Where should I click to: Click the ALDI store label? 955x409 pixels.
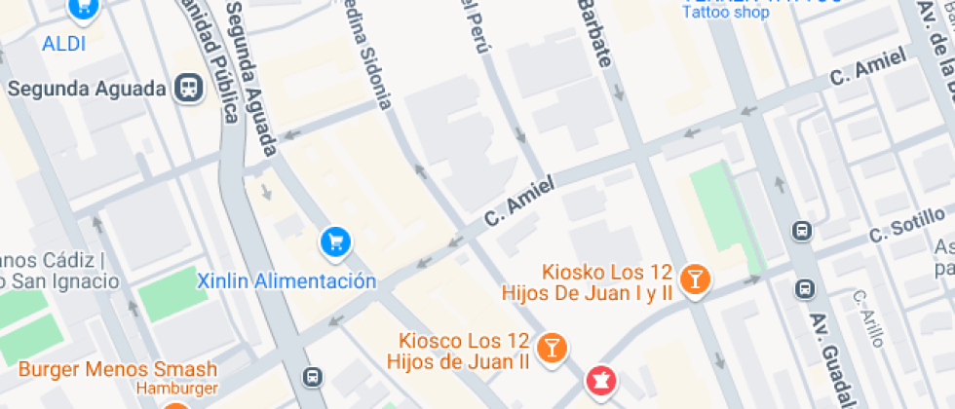pyautogui.click(x=64, y=44)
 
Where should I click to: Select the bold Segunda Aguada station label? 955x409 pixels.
pyautogui.click(x=87, y=89)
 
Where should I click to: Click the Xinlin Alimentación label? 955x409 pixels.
pyautogui.click(x=286, y=281)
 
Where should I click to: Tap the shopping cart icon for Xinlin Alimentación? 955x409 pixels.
pyautogui.click(x=335, y=241)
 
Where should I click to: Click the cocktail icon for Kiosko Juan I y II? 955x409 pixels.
pyautogui.click(x=695, y=279)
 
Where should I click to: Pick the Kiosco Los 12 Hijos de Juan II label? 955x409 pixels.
pyautogui.click(x=458, y=352)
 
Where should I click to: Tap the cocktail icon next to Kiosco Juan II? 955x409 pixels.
pyautogui.click(x=552, y=348)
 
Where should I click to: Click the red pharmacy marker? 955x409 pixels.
pyautogui.click(x=600, y=382)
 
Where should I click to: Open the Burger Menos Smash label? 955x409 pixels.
pyautogui.click(x=118, y=369)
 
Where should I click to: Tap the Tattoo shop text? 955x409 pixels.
pyautogui.click(x=725, y=13)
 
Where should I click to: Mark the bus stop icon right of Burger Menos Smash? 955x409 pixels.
pyautogui.click(x=313, y=377)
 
